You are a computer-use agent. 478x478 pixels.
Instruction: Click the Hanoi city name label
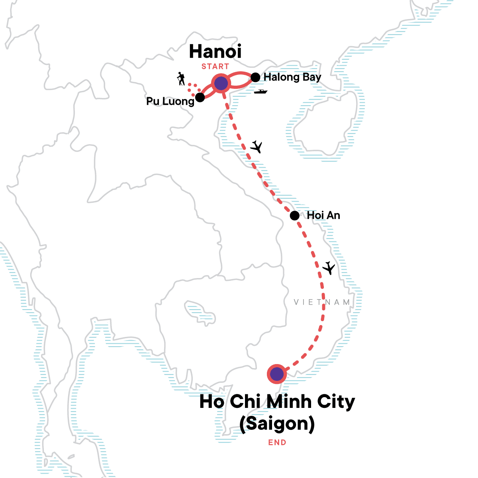pyautogui.click(x=215, y=52)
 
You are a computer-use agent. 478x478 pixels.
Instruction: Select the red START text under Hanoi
pyautogui.click(x=215, y=67)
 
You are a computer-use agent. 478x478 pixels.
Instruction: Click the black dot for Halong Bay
pyautogui.click(x=255, y=77)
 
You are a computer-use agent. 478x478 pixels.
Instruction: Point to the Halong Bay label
pyautogui.click(x=292, y=77)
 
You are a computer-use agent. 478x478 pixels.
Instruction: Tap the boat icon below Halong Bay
pyautogui.click(x=261, y=92)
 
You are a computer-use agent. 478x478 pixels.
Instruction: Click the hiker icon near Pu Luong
pyautogui.click(x=181, y=79)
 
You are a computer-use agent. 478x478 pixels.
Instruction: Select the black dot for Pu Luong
pyautogui.click(x=200, y=97)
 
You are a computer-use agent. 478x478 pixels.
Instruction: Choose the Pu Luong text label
pyautogui.click(x=170, y=101)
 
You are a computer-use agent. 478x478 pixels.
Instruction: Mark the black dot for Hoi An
pyautogui.click(x=294, y=216)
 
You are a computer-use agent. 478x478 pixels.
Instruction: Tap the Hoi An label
pyautogui.click(x=323, y=215)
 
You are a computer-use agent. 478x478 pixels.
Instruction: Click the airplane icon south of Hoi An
pyautogui.click(x=329, y=268)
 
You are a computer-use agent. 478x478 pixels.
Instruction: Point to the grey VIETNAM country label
pyautogui.click(x=322, y=302)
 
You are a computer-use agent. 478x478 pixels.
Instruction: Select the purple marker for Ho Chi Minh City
pyautogui.click(x=276, y=374)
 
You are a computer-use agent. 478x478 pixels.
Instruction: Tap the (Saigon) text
pyautogui.click(x=277, y=423)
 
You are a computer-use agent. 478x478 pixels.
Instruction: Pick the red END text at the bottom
pyautogui.click(x=277, y=442)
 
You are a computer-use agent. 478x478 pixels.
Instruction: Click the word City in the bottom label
pyautogui.click(x=336, y=402)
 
